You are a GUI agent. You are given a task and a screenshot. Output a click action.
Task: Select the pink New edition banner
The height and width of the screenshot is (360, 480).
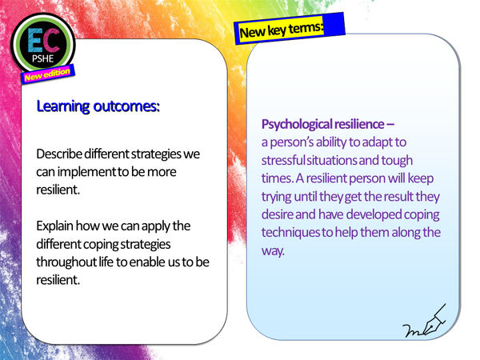pos(49,74)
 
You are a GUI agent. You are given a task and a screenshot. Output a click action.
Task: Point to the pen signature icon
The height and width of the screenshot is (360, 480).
pos(426,325)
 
